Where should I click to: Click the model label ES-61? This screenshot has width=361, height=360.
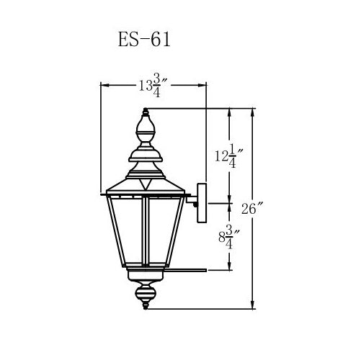click(x=144, y=40)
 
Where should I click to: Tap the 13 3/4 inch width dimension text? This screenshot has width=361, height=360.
click(x=153, y=86)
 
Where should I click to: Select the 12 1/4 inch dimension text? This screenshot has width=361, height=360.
click(x=229, y=156)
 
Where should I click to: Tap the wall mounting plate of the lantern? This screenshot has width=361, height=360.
click(x=202, y=203)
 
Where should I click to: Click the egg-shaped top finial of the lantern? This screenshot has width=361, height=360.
click(x=145, y=125)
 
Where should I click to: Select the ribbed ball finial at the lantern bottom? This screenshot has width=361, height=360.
click(x=146, y=293)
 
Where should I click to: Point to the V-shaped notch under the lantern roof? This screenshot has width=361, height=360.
click(x=146, y=184)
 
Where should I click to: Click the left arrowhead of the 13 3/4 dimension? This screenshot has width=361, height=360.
click(x=105, y=85)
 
